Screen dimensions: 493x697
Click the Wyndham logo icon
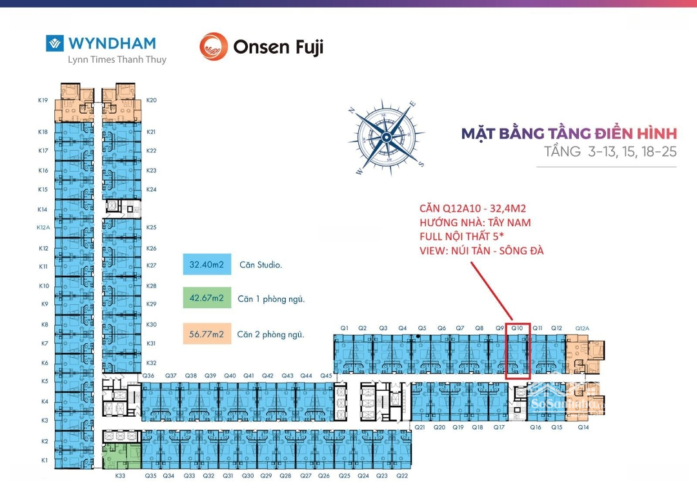[x=55, y=43]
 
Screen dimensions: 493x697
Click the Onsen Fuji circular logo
[x=213, y=47]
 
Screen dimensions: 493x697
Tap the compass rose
[x=386, y=137]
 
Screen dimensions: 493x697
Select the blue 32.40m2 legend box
[x=207, y=264]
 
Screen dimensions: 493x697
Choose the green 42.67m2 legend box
[x=207, y=299]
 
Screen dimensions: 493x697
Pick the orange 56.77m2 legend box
[x=207, y=334]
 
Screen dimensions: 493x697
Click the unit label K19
[x=43, y=100]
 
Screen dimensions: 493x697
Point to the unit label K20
[x=152, y=100]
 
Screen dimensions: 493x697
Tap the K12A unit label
[x=43, y=227]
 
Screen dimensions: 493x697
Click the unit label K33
[x=120, y=476]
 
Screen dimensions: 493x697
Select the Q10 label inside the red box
[x=518, y=328]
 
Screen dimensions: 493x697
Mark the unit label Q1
[x=345, y=328]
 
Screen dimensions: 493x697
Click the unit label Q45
[x=326, y=375]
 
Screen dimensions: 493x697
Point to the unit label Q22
[x=402, y=476]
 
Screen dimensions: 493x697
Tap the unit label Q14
[x=583, y=427]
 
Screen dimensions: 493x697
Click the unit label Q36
[x=148, y=375]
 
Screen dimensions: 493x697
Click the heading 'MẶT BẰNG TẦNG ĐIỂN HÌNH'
[x=569, y=134]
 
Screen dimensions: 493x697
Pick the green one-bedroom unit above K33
[x=121, y=456]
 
